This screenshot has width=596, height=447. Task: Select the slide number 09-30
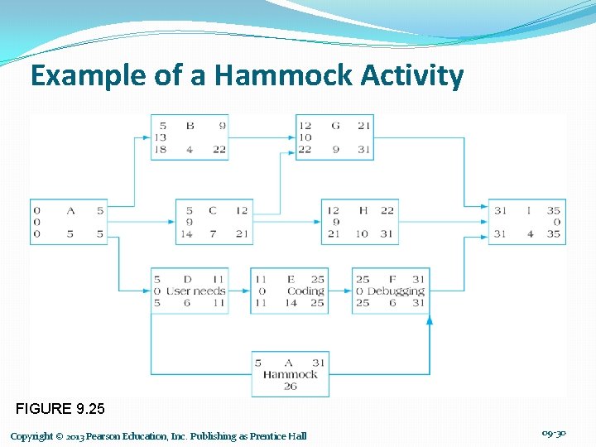coord(553,434)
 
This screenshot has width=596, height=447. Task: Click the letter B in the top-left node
coord(190,126)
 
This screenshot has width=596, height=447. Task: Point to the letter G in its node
coord(334,126)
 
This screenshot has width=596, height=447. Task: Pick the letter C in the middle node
coord(214,210)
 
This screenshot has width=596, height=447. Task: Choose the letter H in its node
coord(363,210)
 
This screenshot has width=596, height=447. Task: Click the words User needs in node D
coord(196,291)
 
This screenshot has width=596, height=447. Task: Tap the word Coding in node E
coord(305,291)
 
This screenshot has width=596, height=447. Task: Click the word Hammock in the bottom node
coord(290,374)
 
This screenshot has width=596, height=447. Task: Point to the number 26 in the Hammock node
coord(290,386)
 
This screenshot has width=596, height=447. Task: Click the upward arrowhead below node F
coord(429,320)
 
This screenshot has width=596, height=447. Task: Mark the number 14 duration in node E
coord(290,302)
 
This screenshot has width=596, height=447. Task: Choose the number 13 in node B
coord(161,137)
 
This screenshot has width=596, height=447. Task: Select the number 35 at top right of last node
coord(553,210)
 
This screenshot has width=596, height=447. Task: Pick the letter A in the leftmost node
coord(70,210)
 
